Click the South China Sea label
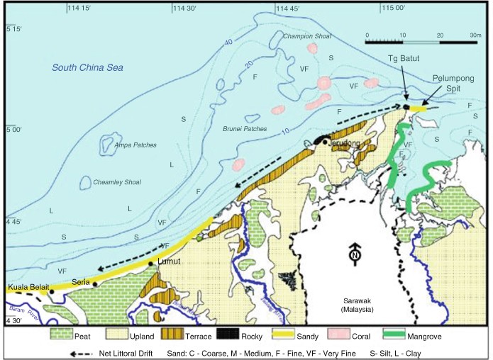(x=87, y=68)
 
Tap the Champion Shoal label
(x=307, y=36)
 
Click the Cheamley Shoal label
(x=117, y=182)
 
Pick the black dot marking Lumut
(x=150, y=264)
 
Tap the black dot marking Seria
(x=94, y=283)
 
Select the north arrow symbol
(x=353, y=254)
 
